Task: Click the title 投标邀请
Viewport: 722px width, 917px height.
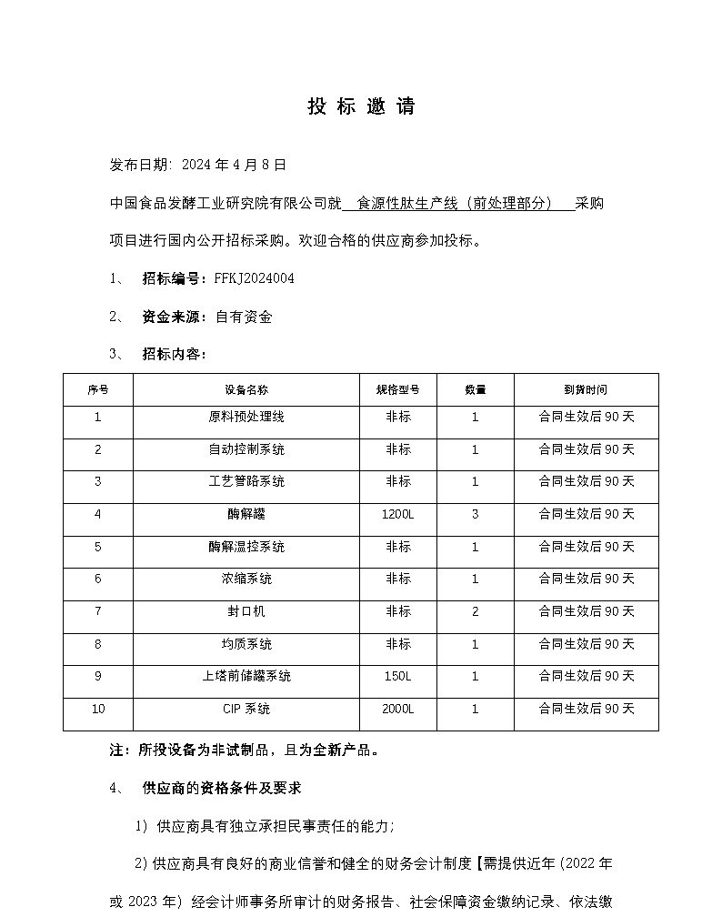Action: (361, 106)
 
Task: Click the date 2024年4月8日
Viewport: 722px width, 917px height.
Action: (234, 165)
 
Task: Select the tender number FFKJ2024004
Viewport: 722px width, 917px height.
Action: (254, 278)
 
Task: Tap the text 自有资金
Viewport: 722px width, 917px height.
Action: (244, 317)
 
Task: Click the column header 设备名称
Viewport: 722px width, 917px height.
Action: (246, 389)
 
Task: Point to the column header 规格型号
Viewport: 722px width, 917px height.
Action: (397, 389)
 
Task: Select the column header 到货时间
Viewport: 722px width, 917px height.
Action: (586, 389)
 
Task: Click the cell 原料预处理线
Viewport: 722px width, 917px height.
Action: (246, 417)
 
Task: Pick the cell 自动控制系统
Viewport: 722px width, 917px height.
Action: (246, 449)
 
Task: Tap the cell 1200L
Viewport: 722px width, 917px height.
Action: (397, 515)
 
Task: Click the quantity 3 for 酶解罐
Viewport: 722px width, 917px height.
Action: (475, 515)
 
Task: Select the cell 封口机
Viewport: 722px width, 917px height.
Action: (246, 611)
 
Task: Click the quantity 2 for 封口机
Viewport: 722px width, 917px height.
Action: (475, 611)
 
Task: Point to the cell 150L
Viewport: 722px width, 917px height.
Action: (397, 677)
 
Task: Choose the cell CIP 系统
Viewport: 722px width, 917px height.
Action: (246, 709)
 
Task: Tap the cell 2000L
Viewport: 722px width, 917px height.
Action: (397, 709)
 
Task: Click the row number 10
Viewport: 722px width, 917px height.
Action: (98, 709)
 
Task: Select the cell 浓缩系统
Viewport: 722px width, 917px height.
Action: (246, 579)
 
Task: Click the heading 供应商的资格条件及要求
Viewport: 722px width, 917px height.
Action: (222, 788)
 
